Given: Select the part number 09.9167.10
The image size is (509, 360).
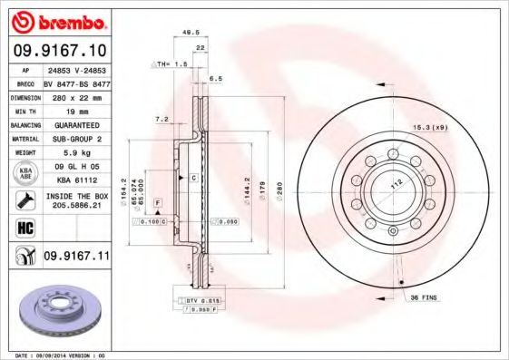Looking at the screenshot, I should tap(57, 49).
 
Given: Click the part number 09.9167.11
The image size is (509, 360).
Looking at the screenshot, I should tap(76, 257).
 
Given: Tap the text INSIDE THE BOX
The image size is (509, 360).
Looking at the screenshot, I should tap(76, 196).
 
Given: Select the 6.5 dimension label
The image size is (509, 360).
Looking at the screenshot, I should tap(216, 79).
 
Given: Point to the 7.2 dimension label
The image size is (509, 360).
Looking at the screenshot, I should tap(162, 119).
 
